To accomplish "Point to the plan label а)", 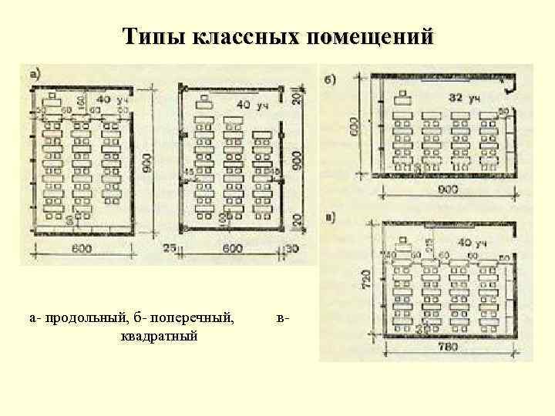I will coord(35,74).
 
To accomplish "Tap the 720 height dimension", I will coord(367,276).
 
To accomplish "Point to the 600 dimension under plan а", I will coord(82,247).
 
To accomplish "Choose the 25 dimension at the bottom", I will coord(170,247).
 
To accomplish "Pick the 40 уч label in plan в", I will coord(473,243).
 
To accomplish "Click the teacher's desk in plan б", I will coord(401,98).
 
